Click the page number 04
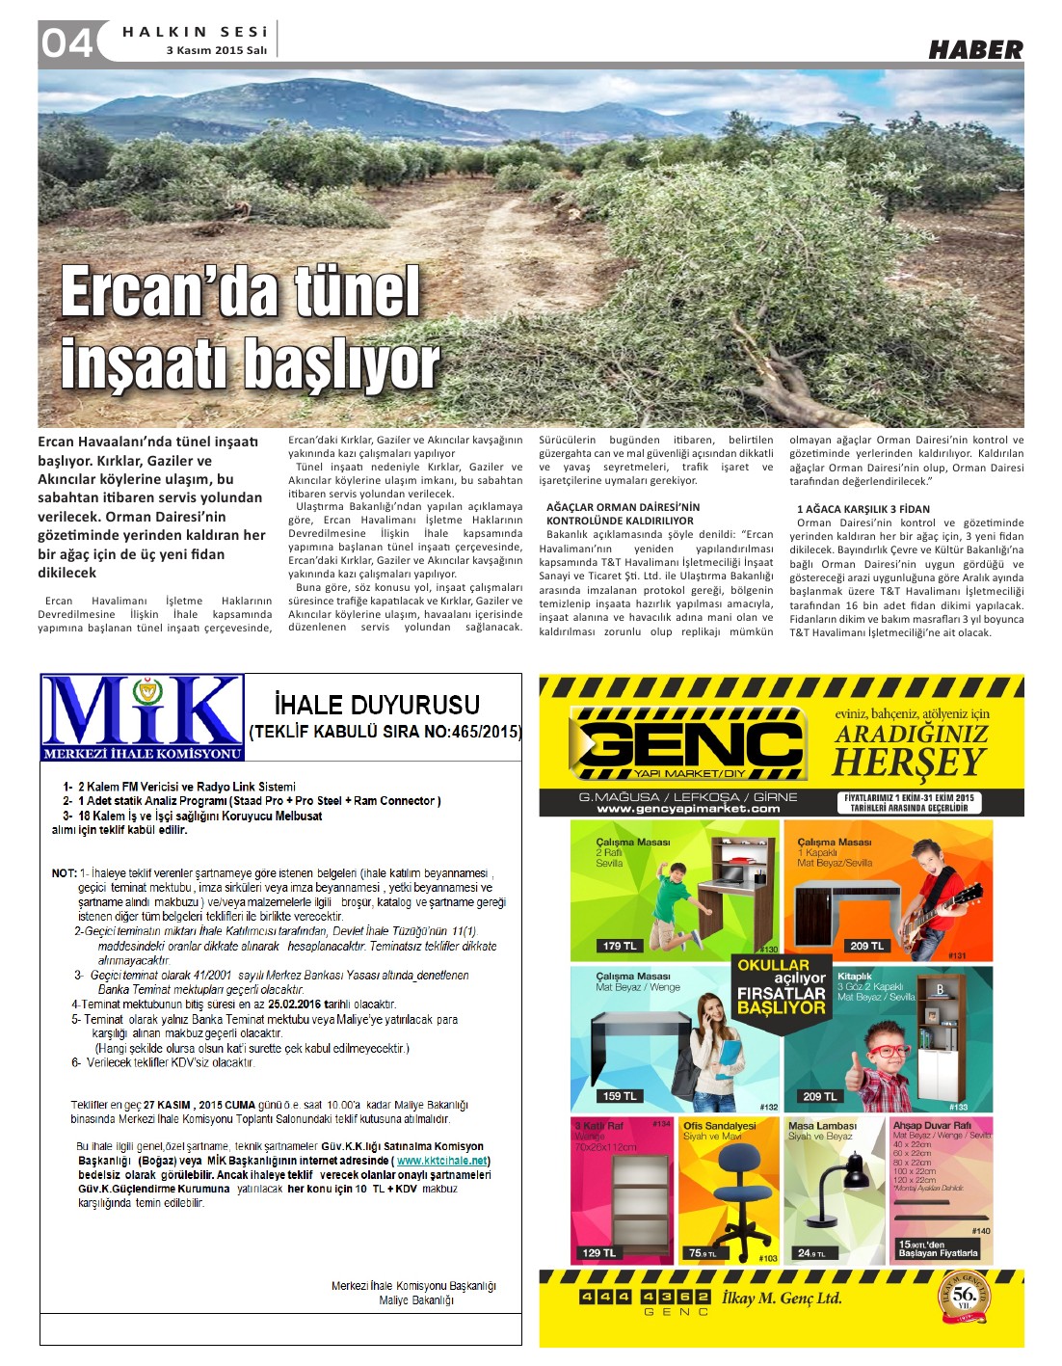(66, 42)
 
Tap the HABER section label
(974, 50)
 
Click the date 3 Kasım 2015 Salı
(216, 50)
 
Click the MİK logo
(142, 717)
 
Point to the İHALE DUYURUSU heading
(377, 705)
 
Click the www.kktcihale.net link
(442, 1161)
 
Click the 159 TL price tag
(619, 1096)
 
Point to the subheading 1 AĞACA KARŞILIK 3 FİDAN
(863, 509)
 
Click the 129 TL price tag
(598, 1252)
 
